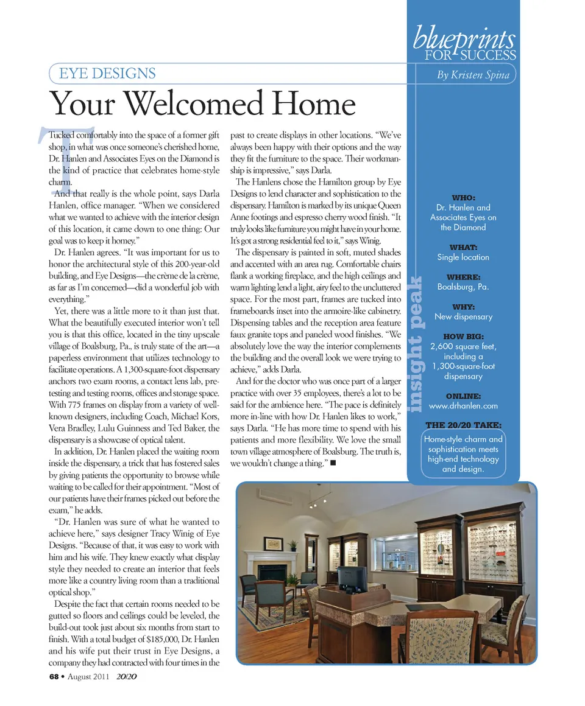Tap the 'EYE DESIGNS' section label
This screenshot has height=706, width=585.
[107, 74]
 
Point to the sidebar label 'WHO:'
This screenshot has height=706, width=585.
[463, 198]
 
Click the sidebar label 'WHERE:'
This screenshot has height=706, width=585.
[463, 277]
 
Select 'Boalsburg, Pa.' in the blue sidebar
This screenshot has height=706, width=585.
[463, 287]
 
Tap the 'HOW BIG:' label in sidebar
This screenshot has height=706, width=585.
[463, 337]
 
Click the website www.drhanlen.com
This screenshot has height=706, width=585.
[463, 406]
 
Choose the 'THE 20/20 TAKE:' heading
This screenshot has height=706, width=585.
[463, 425]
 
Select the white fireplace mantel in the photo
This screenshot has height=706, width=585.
[271, 555]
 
